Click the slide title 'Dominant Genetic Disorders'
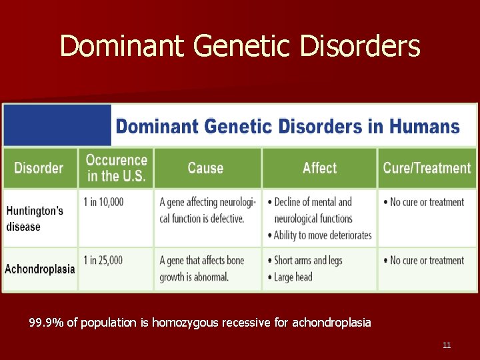[x=240, y=47]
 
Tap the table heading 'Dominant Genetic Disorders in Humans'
[x=288, y=126]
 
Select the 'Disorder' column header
[x=39, y=168]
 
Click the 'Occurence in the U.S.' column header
[x=116, y=169]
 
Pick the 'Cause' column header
[x=205, y=168]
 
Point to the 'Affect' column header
[x=319, y=168]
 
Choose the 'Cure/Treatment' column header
[x=427, y=168]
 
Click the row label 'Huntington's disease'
[x=35, y=219]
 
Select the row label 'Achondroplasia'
[x=39, y=269]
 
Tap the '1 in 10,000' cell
[x=103, y=202]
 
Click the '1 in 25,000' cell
[x=103, y=260]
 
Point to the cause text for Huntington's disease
[x=207, y=210]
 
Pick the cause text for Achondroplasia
[x=202, y=268]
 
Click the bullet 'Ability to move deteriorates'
[x=323, y=235]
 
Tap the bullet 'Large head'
[x=293, y=277]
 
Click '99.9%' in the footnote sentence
[x=47, y=323]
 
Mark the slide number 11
[x=447, y=345]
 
